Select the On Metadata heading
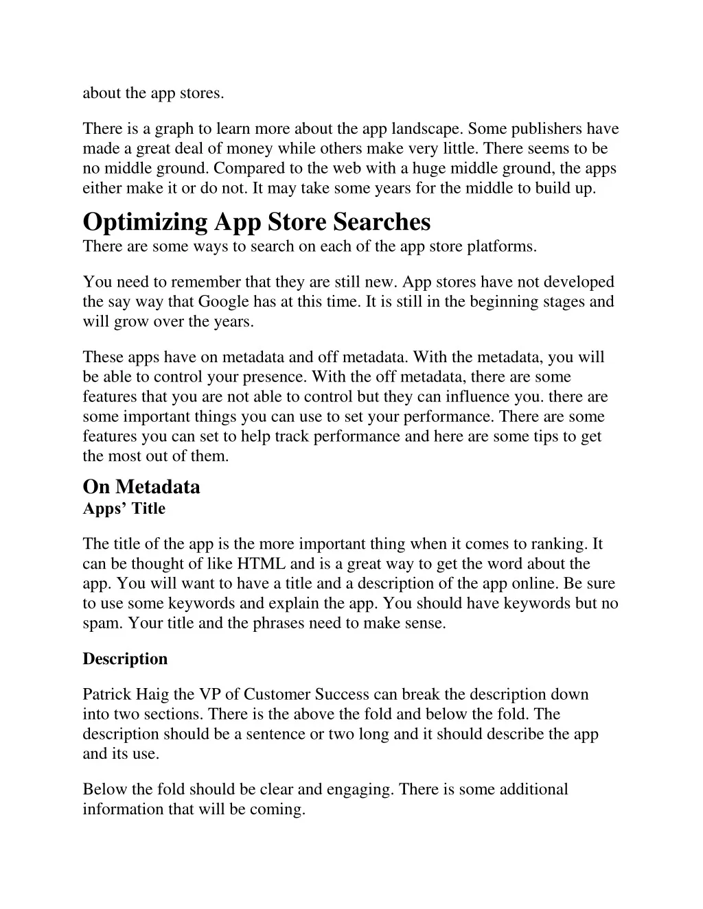pyautogui.click(x=141, y=486)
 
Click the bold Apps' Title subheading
pyautogui.click(x=124, y=508)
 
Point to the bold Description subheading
pyautogui.click(x=125, y=659)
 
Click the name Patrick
pyautogui.click(x=106, y=694)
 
